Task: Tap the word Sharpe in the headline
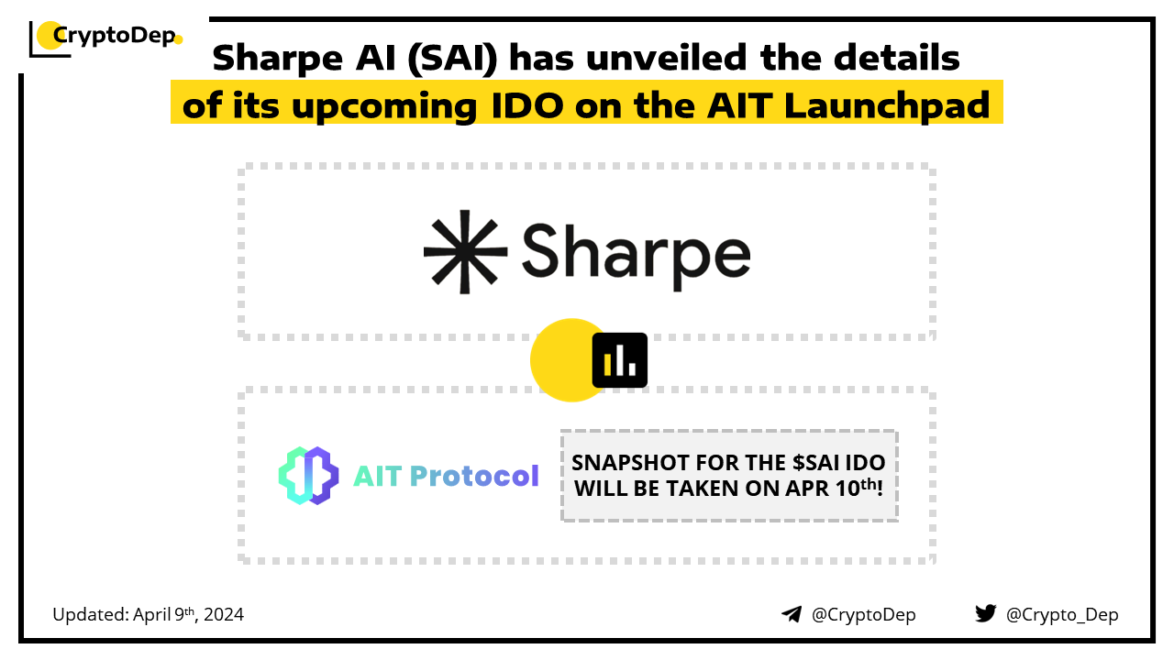click(x=278, y=59)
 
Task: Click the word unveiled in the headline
click(x=667, y=57)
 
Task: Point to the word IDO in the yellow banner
click(x=527, y=105)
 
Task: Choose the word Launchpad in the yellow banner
click(x=887, y=105)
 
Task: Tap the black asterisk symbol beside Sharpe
click(x=465, y=252)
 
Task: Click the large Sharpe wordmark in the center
click(x=637, y=256)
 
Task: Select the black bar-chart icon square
click(x=619, y=360)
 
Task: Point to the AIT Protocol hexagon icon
click(x=308, y=476)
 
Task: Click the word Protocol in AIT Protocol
click(x=474, y=476)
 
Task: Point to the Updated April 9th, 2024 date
click(x=148, y=614)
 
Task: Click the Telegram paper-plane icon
click(x=792, y=614)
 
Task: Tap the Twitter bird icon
click(x=985, y=613)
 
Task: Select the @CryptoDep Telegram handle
click(x=863, y=615)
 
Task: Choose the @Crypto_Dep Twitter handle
click(x=1062, y=615)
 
